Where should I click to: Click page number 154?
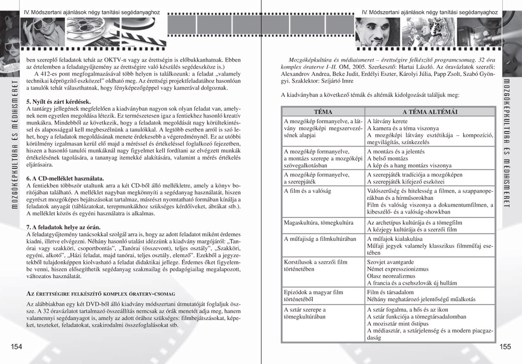[17, 347]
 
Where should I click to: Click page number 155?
[505, 347]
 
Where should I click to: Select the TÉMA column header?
[323, 111]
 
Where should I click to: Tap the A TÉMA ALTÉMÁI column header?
[430, 111]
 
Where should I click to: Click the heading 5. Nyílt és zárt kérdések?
[58, 101]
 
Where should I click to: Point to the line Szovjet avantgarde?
[390, 262]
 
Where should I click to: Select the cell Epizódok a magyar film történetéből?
[313, 296]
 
